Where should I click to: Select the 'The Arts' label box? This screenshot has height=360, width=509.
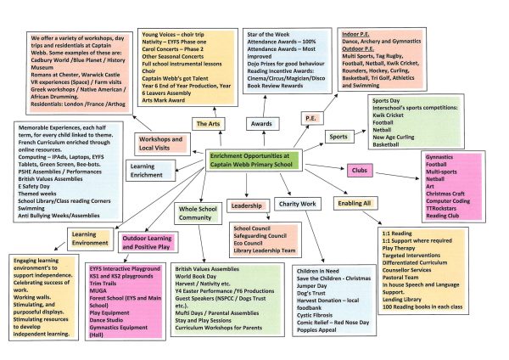pos(208,124)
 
